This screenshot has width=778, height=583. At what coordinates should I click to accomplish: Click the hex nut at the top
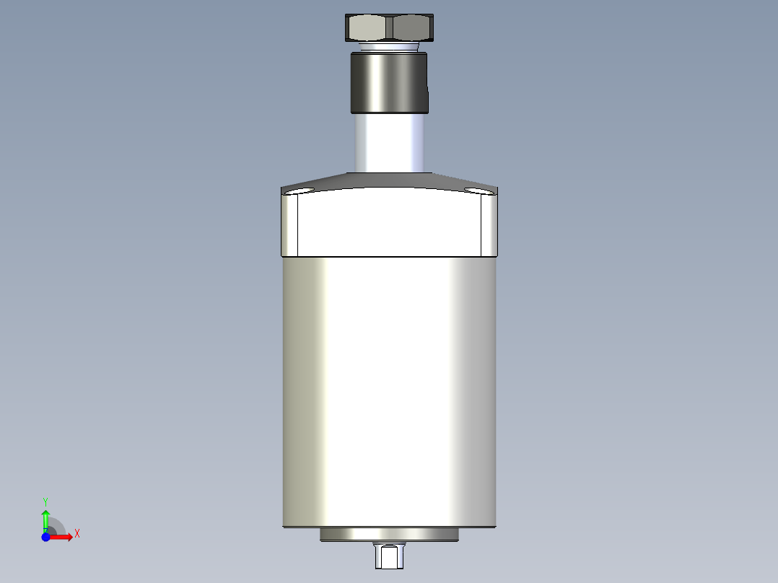pos(390,29)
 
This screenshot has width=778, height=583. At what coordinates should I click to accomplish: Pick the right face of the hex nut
pos(414,29)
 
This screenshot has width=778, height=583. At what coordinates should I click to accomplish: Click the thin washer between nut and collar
pos(390,48)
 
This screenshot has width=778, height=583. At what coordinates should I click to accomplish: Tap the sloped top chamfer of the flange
pos(390,180)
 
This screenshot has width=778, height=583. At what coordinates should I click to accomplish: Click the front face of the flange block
pos(390,224)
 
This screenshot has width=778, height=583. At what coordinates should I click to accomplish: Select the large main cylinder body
pos(390,390)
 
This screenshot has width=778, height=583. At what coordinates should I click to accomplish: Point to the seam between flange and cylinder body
pos(390,257)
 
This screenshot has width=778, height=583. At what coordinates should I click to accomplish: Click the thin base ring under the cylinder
pos(390,535)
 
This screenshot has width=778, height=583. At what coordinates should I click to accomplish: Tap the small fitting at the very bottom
pos(390,556)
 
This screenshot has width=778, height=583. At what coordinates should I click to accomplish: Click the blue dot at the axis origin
pos(45,537)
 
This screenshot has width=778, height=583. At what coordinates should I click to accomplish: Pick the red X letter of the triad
pos(77,534)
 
